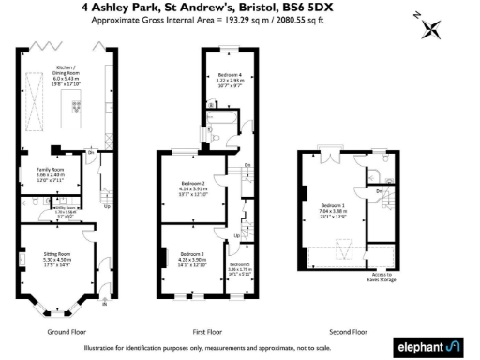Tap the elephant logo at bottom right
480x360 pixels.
(x=435, y=346)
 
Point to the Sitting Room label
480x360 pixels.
(x=59, y=260)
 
